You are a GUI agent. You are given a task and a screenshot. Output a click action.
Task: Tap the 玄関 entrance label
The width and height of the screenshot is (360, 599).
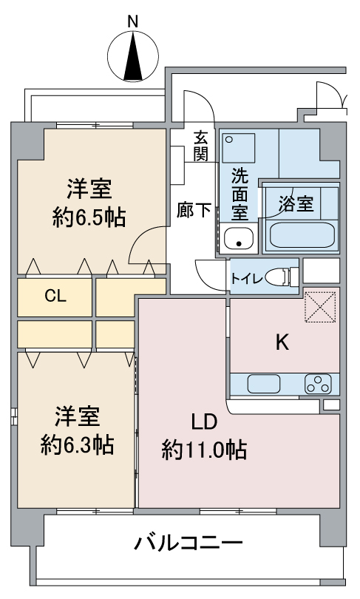[200, 146]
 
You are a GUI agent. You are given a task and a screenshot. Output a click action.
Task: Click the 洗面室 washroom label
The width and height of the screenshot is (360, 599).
[240, 194]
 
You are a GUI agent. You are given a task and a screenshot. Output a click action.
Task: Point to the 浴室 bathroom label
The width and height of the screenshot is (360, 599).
[296, 205]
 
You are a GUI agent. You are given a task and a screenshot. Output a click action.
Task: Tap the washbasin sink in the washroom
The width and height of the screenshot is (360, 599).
[238, 239]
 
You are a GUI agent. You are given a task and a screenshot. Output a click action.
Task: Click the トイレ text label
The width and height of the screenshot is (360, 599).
[245, 279]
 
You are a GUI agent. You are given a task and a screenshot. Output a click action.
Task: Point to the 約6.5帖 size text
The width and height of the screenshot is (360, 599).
[89, 218]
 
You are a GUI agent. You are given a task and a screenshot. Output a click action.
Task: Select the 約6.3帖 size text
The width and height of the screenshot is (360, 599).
[77, 444]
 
